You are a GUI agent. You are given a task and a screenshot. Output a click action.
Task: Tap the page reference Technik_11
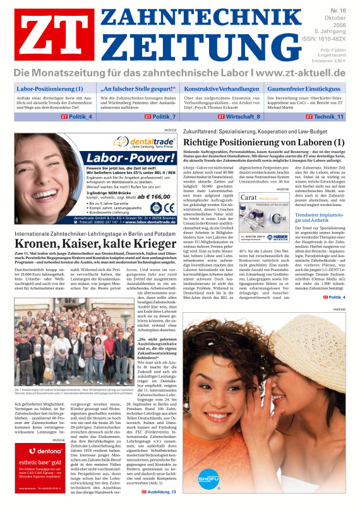(x=326, y=117)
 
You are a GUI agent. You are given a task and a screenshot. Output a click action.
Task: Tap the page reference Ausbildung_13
(x=157, y=491)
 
